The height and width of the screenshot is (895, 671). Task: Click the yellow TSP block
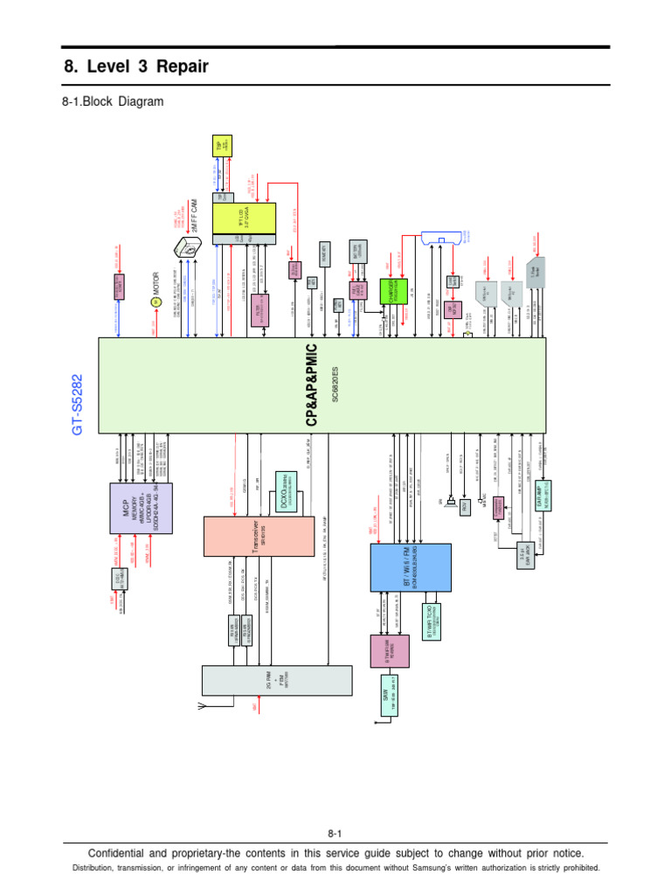click(x=220, y=148)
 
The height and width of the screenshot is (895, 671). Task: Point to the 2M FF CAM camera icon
click(x=185, y=254)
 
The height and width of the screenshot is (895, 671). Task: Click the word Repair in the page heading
click(x=179, y=66)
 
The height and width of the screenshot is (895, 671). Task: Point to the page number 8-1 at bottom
click(x=335, y=834)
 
